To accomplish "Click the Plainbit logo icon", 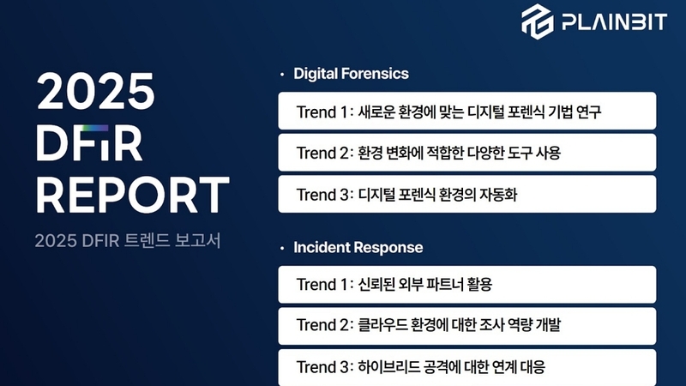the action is (538, 21).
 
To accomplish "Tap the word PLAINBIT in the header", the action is (614, 22).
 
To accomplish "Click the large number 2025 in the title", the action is (95, 91).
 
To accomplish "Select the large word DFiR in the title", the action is (89, 143).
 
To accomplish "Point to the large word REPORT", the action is (133, 195).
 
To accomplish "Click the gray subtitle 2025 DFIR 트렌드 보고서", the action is (128, 241).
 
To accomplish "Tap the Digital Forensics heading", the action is (351, 74).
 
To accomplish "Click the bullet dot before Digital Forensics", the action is (282, 75).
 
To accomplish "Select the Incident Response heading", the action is (358, 247).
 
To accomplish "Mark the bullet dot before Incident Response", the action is (282, 248).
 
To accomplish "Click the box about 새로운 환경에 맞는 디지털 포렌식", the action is (466, 111).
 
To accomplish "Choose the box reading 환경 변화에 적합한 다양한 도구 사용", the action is (466, 153).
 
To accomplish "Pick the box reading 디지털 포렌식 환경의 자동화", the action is (466, 194).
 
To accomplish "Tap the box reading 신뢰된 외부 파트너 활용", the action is (466, 285).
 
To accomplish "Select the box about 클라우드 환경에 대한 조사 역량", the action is (466, 326).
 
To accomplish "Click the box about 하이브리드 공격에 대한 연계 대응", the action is (466, 367).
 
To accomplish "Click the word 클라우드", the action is (382, 325).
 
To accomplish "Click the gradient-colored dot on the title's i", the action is (95, 128).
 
